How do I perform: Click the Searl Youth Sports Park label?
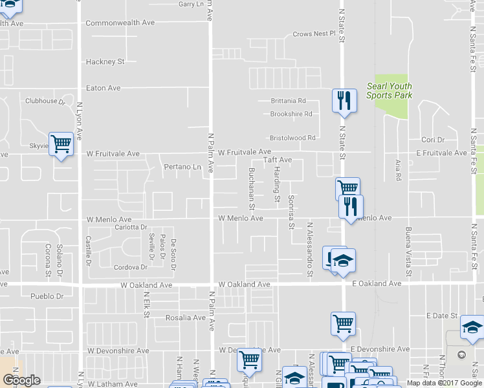[x=389, y=91]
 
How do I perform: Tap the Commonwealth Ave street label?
[x=120, y=23]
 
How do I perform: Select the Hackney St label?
[x=105, y=62]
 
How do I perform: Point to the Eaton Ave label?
[x=104, y=88]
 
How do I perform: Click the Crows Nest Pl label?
[x=314, y=34]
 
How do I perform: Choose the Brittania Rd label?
[x=288, y=101]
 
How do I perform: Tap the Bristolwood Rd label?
[x=292, y=138]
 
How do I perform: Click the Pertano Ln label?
[x=182, y=167]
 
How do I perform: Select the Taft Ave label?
[x=277, y=160]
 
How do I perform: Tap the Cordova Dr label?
[x=131, y=267]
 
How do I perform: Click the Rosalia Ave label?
[x=186, y=318]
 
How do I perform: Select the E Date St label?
[x=441, y=316]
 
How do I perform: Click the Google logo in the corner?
[x=21, y=381]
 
